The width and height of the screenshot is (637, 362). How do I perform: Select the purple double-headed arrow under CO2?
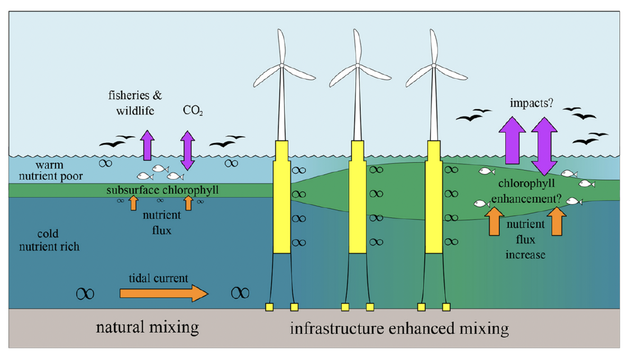[x=188, y=151]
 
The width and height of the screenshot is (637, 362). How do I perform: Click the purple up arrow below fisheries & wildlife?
[x=147, y=145]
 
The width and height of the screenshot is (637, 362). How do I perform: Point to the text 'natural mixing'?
[x=147, y=327]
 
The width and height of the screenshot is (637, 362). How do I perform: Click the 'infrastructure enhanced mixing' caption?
[x=399, y=329]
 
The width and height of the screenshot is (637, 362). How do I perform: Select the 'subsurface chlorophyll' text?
[x=162, y=190]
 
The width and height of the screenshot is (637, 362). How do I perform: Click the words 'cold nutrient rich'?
[x=58, y=240]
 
